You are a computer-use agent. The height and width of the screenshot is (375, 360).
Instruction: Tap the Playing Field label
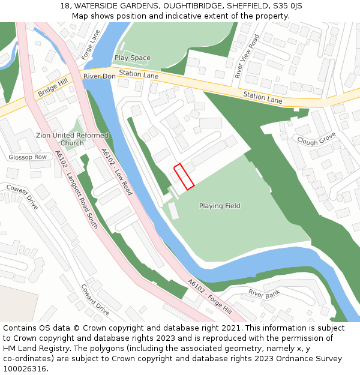(220, 206)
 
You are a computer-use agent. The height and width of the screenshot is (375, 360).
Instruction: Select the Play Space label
(132, 58)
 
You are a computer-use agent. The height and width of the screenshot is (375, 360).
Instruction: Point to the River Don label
(99, 76)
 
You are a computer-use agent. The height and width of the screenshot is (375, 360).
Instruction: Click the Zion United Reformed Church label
(72, 139)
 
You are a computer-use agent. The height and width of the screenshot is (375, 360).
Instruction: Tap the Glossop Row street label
(28, 157)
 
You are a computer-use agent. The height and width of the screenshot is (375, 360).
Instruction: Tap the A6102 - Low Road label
(116, 172)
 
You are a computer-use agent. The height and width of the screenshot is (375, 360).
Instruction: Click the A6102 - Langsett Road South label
(76, 190)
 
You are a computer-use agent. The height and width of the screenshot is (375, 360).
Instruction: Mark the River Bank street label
(264, 294)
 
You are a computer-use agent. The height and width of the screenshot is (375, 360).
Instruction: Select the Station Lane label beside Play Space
(138, 74)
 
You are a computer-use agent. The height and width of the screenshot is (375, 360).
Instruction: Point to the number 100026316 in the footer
(24, 368)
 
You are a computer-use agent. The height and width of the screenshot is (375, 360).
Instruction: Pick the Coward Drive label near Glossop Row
(22, 197)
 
